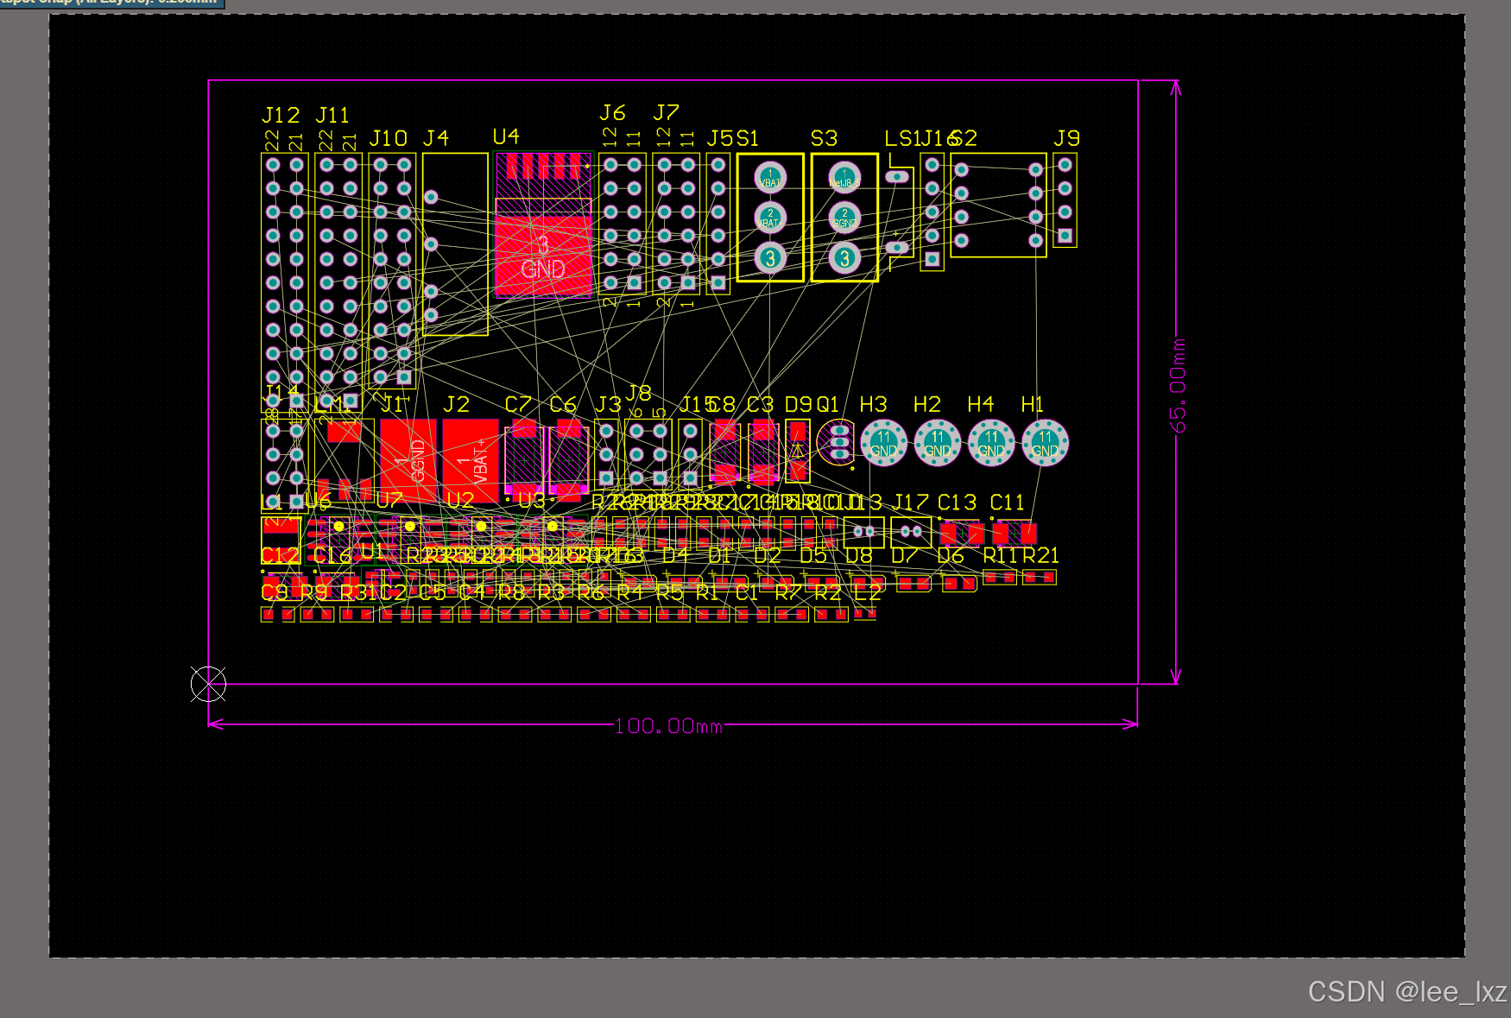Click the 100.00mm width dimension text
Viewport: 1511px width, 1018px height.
pyautogui.click(x=668, y=726)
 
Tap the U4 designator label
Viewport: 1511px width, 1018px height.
pyautogui.click(x=506, y=136)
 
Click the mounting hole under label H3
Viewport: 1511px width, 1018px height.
pyautogui.click(x=883, y=443)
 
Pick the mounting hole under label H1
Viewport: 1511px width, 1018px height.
pyautogui.click(x=1045, y=443)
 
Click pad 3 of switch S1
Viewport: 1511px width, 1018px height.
pyautogui.click(x=770, y=257)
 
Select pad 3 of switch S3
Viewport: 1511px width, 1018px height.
pyautogui.click(x=844, y=257)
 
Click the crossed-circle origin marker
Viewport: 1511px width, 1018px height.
pyautogui.click(x=208, y=684)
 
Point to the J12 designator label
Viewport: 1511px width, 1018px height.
pyautogui.click(x=281, y=115)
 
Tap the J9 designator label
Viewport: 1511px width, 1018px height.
pyautogui.click(x=1067, y=138)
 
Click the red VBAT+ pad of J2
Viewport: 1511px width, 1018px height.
pyautogui.click(x=471, y=459)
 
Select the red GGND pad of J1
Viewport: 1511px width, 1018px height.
pyautogui.click(x=408, y=459)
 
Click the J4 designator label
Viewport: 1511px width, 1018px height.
pyautogui.click(x=436, y=138)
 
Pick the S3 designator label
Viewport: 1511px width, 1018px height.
pyautogui.click(x=824, y=138)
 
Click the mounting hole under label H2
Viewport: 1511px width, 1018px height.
pyautogui.click(x=937, y=443)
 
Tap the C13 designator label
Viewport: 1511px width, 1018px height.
pyautogui.click(x=957, y=503)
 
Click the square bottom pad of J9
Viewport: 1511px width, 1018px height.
pyautogui.click(x=1065, y=235)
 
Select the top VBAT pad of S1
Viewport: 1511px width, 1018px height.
pyautogui.click(x=770, y=178)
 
